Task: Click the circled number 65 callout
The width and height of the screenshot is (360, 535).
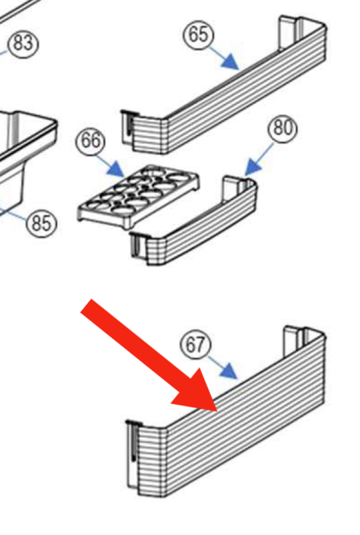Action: tap(199, 35)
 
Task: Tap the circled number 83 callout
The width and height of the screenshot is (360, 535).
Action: tap(23, 44)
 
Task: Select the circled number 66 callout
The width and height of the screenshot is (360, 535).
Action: tap(91, 141)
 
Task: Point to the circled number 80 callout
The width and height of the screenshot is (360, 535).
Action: tap(283, 129)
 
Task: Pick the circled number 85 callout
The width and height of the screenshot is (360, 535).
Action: tap(42, 223)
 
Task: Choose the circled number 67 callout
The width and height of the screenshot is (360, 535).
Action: tap(196, 344)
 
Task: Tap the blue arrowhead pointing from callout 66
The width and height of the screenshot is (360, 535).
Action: tap(116, 169)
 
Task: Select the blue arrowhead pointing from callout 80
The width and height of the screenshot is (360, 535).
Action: tap(253, 167)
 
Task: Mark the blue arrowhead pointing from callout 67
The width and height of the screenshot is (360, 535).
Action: tap(229, 371)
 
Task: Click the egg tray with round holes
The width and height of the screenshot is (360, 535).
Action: tap(138, 196)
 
